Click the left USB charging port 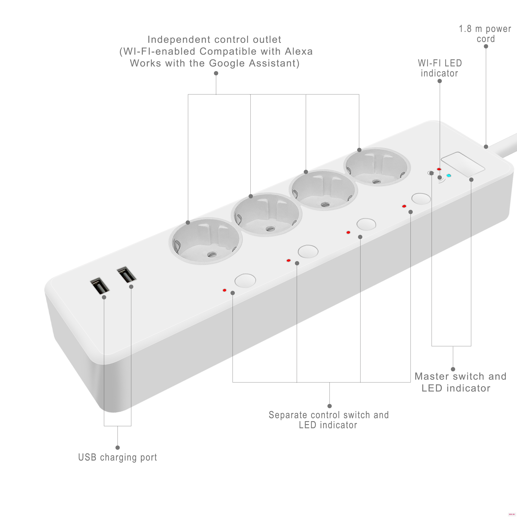100,286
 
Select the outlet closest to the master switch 377,167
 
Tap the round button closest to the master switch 421,199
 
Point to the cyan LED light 449,176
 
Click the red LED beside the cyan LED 439,169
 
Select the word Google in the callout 227,63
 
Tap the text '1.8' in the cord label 465,29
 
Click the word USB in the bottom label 87,457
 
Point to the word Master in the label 432,376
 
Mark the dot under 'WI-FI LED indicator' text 440,81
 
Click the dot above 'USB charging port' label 117,448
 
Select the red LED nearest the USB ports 224,290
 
